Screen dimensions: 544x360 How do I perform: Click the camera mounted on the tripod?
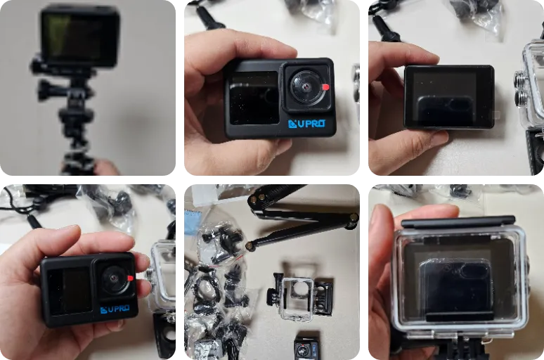(80, 37)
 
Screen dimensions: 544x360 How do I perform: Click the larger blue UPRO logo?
(306, 124)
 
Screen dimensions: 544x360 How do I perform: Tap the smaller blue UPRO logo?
(115, 309)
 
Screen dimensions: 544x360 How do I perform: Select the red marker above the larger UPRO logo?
(325, 86)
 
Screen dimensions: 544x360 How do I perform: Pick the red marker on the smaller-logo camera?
(130, 278)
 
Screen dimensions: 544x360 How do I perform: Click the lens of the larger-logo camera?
(306, 86)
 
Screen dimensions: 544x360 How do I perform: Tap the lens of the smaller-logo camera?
(114, 278)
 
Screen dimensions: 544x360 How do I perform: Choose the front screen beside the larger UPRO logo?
(254, 98)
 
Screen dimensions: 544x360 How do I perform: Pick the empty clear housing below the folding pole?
(299, 299)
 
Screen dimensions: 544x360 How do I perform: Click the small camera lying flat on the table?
(306, 348)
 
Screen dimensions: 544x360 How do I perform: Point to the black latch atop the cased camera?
(458, 221)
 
